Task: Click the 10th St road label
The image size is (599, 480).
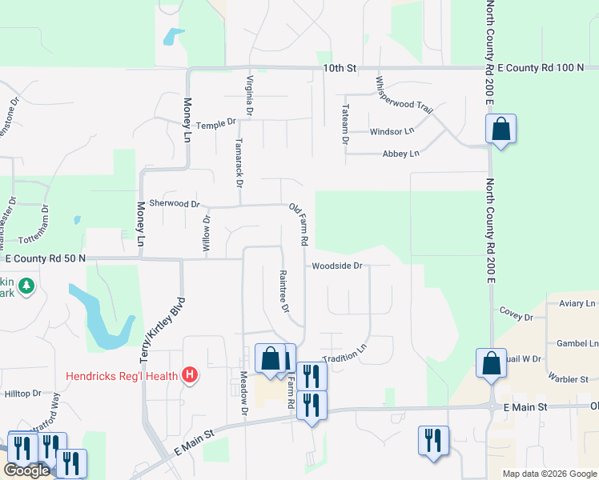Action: (340, 68)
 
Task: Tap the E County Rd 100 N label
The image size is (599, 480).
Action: (540, 68)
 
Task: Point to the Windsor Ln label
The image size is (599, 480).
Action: (392, 131)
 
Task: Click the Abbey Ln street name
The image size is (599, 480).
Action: (401, 154)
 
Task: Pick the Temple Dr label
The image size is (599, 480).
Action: (217, 124)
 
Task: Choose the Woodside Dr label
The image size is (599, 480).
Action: (338, 266)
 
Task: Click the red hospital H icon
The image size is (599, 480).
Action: (190, 374)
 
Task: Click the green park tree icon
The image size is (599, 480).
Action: (26, 286)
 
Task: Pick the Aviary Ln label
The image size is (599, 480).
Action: (577, 304)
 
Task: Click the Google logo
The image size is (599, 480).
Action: (26, 470)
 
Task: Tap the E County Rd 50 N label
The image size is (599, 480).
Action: (45, 258)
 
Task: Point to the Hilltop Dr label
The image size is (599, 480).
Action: (23, 394)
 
